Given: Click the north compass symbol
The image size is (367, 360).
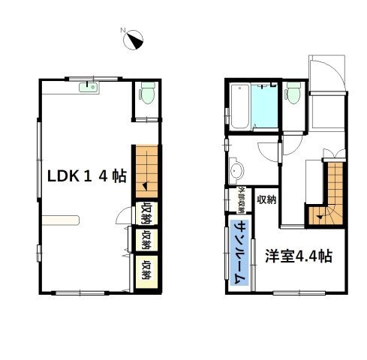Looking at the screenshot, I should [x=134, y=39].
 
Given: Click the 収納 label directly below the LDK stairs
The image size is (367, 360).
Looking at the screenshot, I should [x=146, y=213].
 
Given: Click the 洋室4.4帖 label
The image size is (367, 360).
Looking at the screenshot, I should [x=299, y=256].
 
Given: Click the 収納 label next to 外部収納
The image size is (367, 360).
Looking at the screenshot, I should [x=266, y=199].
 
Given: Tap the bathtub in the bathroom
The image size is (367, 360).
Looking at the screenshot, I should [x=239, y=106].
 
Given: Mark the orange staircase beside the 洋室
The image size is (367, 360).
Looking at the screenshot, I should [x=330, y=195].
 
